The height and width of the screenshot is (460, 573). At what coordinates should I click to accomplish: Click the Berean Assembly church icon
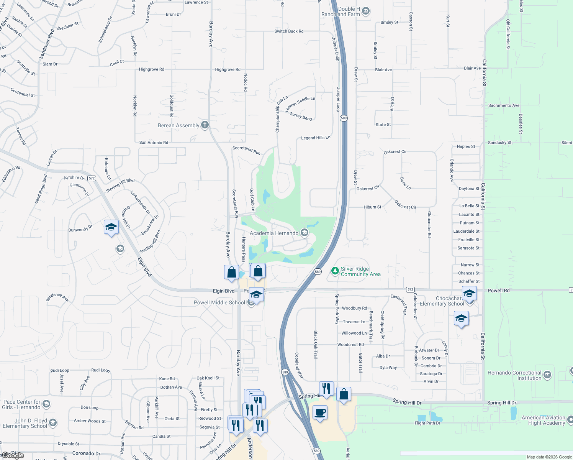pyautogui.click(x=205, y=125)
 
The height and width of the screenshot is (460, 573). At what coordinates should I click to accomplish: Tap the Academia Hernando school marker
pyautogui.click(x=304, y=232)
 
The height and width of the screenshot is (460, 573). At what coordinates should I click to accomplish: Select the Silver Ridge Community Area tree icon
pyautogui.click(x=335, y=271)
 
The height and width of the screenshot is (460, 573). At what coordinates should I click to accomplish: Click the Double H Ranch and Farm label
pyautogui.click(x=341, y=11)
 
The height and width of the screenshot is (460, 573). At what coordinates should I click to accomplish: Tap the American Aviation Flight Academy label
pyautogui.click(x=543, y=420)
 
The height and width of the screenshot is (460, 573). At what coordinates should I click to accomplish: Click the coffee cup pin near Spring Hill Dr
pyautogui.click(x=320, y=412)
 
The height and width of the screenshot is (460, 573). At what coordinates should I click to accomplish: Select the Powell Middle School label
pyautogui.click(x=219, y=302)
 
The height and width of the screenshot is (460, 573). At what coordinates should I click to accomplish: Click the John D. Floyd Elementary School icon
pyautogui.click(x=53, y=423)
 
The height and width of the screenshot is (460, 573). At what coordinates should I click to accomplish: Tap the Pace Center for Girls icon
pyautogui.click(x=46, y=404)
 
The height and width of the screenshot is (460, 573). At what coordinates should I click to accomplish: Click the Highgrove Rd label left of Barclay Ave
pyautogui.click(x=151, y=69)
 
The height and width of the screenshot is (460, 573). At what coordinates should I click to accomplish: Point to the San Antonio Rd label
pyautogui.click(x=154, y=143)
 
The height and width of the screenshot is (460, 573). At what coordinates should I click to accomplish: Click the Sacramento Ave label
pyautogui.click(x=504, y=105)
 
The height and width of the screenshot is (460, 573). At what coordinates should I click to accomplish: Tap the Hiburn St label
pyautogui.click(x=372, y=207)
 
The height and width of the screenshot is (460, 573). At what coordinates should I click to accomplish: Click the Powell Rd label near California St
pyautogui.click(x=498, y=291)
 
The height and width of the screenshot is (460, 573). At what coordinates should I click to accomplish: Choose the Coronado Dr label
pyautogui.click(x=86, y=453)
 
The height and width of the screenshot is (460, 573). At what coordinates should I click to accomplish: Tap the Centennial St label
pyautogui.click(x=23, y=92)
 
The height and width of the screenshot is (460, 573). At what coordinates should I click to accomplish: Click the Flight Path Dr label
pyautogui.click(x=427, y=423)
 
